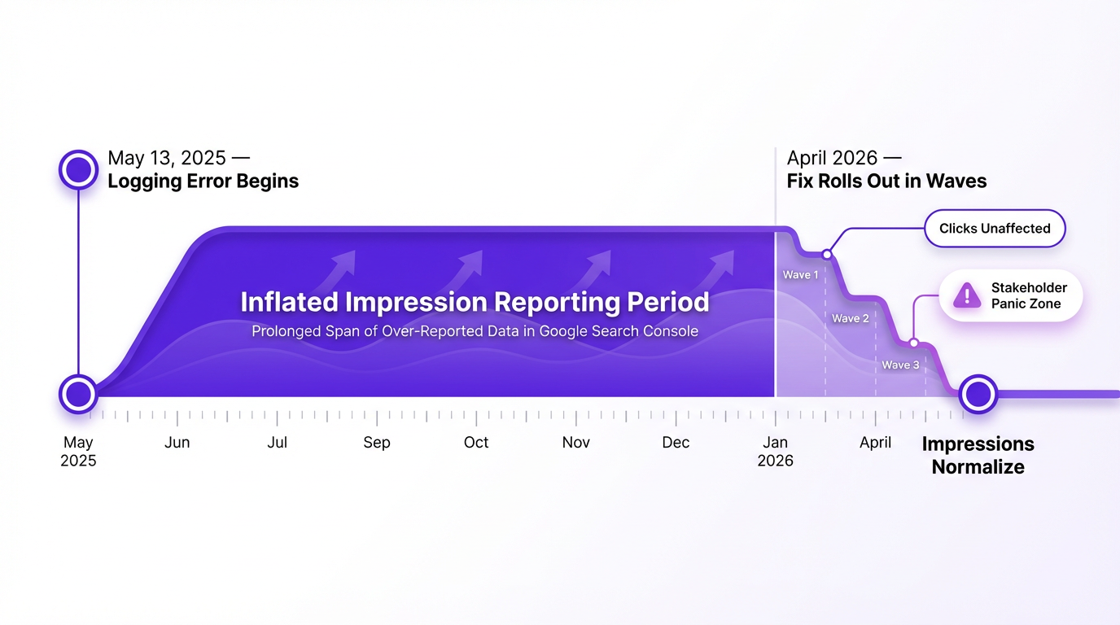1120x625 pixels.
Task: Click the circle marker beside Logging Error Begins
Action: pyautogui.click(x=78, y=169)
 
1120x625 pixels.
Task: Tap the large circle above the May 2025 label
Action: pyautogui.click(x=78, y=394)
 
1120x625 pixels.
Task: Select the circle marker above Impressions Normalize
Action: pyautogui.click(x=978, y=394)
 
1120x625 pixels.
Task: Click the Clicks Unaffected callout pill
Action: pyautogui.click(x=994, y=229)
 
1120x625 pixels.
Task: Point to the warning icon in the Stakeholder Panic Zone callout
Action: pyautogui.click(x=967, y=295)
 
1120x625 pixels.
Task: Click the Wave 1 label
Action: pyautogui.click(x=800, y=275)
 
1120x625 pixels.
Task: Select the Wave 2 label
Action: pyautogui.click(x=851, y=318)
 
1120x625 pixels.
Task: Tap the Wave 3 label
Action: pyautogui.click(x=900, y=365)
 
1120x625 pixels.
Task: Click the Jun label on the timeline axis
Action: pyautogui.click(x=177, y=443)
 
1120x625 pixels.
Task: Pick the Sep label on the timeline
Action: pyautogui.click(x=377, y=443)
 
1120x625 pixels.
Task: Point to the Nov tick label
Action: pyautogui.click(x=575, y=443)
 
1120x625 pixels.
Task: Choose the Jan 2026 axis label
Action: pyautogui.click(x=775, y=451)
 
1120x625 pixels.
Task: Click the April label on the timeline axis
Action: pyautogui.click(x=875, y=443)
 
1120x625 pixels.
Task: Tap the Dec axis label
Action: pyautogui.click(x=676, y=443)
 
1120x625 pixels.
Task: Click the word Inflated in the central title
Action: pyautogui.click(x=289, y=302)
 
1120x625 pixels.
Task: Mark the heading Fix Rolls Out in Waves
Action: pyautogui.click(x=886, y=181)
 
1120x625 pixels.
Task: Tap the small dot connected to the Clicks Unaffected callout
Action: pyautogui.click(x=827, y=255)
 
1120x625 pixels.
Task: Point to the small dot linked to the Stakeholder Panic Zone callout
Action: pyautogui.click(x=914, y=343)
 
